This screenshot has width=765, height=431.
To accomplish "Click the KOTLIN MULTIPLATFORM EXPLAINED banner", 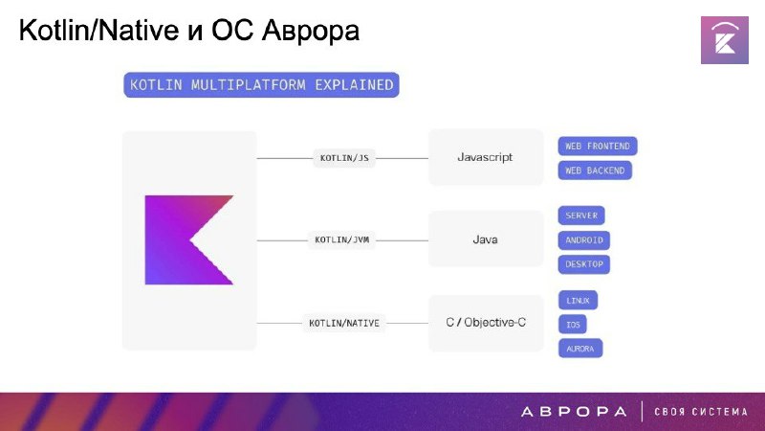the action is (261, 85).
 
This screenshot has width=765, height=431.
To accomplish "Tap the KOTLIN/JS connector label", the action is (344, 158).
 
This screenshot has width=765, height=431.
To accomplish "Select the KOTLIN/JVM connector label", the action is (341, 240).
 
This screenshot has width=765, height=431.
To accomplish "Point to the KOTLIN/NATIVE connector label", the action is (344, 323).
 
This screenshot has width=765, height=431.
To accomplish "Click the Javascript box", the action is (486, 157).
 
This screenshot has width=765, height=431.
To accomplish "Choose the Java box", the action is (486, 239).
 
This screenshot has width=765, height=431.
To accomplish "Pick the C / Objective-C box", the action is (486, 323).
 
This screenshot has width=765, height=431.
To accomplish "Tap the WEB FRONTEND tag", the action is (598, 147).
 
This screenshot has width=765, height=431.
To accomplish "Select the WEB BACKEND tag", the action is (595, 170).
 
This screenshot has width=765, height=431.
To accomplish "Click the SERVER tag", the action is (581, 215).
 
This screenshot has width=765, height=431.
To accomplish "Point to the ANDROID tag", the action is (584, 240).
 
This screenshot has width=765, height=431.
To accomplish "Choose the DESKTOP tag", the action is (584, 264).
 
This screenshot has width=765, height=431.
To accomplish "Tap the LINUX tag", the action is (579, 301).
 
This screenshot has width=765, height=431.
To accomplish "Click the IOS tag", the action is (573, 325).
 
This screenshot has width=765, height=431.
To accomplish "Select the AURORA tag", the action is (580, 349).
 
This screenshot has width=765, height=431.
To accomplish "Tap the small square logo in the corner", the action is (725, 40).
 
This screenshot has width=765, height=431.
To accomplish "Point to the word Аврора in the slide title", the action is (310, 31).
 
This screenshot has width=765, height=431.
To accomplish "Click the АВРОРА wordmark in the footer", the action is (574, 412).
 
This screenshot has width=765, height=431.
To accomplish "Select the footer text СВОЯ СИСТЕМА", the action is (701, 412).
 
